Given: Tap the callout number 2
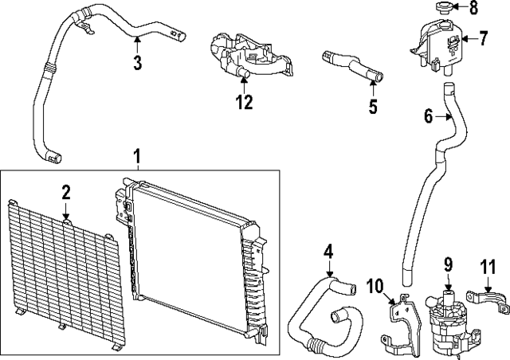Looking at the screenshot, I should (66, 191).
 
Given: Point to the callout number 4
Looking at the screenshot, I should (328, 252).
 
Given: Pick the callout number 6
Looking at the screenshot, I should (430, 116).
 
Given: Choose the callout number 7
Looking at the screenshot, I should (484, 37).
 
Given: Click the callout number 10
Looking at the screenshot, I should (375, 285).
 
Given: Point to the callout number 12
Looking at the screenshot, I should (244, 102).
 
